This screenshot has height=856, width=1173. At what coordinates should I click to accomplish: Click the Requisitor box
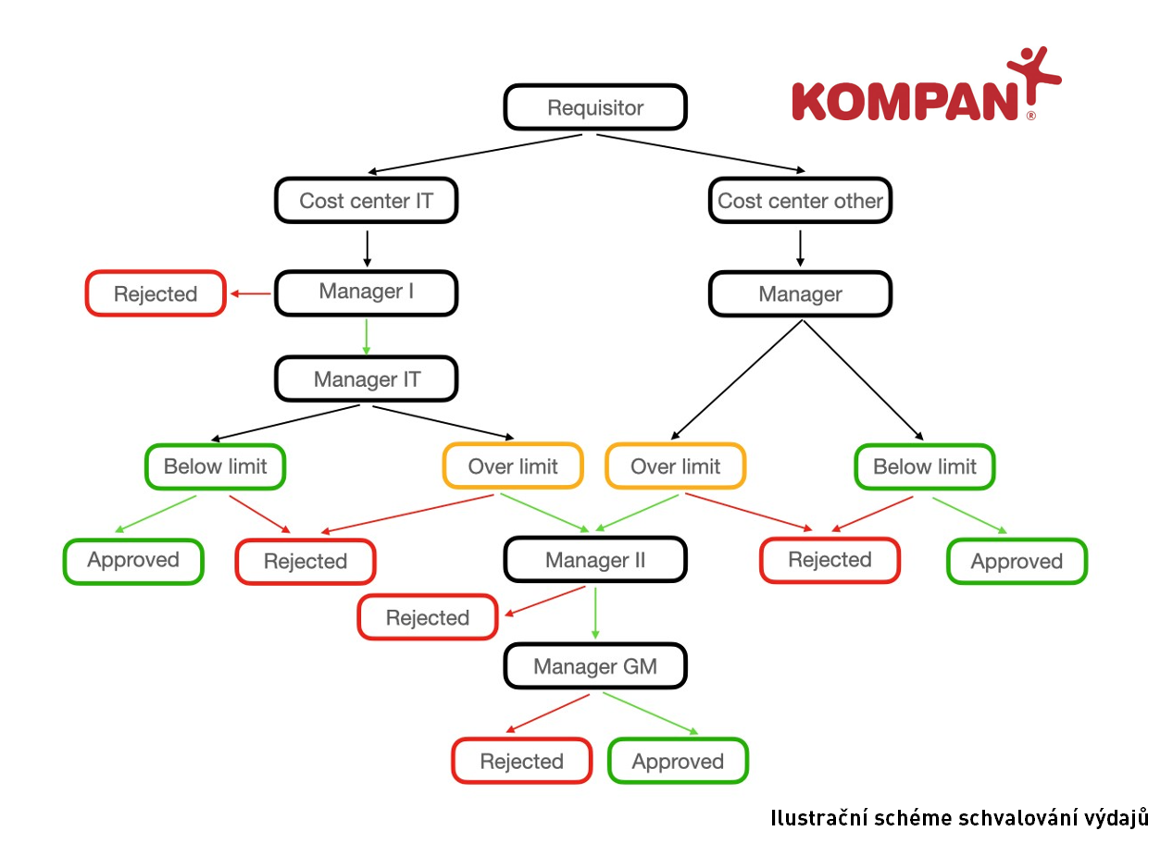pyautogui.click(x=595, y=107)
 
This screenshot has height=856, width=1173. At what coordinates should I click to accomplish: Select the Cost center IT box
pyautogui.click(x=367, y=201)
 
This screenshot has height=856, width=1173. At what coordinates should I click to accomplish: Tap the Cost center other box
pyautogui.click(x=801, y=201)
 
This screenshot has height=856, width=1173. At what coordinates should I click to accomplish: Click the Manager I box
pyautogui.click(x=367, y=292)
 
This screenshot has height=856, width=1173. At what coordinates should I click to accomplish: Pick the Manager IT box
pyautogui.click(x=367, y=379)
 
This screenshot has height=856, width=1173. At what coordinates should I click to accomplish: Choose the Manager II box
pyautogui.click(x=595, y=560)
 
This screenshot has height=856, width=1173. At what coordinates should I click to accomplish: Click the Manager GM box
pyautogui.click(x=595, y=666)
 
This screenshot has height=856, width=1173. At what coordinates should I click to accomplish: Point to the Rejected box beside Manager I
pyautogui.click(x=156, y=293)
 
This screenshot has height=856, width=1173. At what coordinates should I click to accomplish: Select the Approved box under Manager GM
pyautogui.click(x=678, y=762)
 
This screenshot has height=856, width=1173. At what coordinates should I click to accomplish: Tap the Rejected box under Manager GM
pyautogui.click(x=521, y=762)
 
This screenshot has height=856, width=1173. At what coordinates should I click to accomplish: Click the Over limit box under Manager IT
pyautogui.click(x=513, y=466)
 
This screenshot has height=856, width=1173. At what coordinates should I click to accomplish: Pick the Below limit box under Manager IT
pyautogui.click(x=215, y=466)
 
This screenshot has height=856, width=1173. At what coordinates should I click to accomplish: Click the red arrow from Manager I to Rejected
pyautogui.click(x=251, y=294)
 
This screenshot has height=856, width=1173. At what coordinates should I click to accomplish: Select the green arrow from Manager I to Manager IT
pyautogui.click(x=367, y=336)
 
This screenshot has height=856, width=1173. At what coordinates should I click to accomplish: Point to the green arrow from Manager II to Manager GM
pyautogui.click(x=595, y=613)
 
